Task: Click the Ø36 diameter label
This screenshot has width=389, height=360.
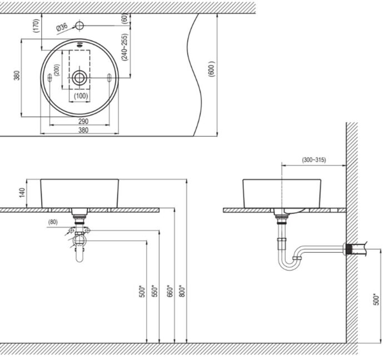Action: (x=61, y=26)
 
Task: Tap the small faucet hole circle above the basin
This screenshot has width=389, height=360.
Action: (x=79, y=26)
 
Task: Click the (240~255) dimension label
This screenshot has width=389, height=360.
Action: (x=124, y=47)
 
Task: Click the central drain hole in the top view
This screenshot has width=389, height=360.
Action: (x=79, y=78)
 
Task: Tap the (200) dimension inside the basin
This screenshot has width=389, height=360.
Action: (x=56, y=71)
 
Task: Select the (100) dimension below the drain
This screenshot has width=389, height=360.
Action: (x=80, y=96)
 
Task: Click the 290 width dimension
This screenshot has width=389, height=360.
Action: (x=83, y=121)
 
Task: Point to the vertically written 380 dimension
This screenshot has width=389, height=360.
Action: (x=17, y=76)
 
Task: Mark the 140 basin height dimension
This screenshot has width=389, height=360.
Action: (x=23, y=193)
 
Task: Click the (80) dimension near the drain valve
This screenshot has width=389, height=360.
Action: (x=53, y=222)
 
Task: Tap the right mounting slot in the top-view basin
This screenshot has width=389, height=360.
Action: (x=109, y=79)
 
